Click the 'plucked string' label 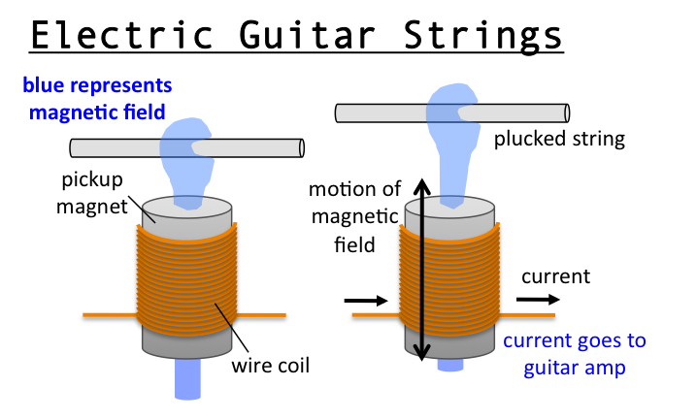[x=558, y=139]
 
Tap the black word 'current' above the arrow [x=555, y=276]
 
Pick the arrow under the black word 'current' [x=537, y=301]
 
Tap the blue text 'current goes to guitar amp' [x=574, y=354]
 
